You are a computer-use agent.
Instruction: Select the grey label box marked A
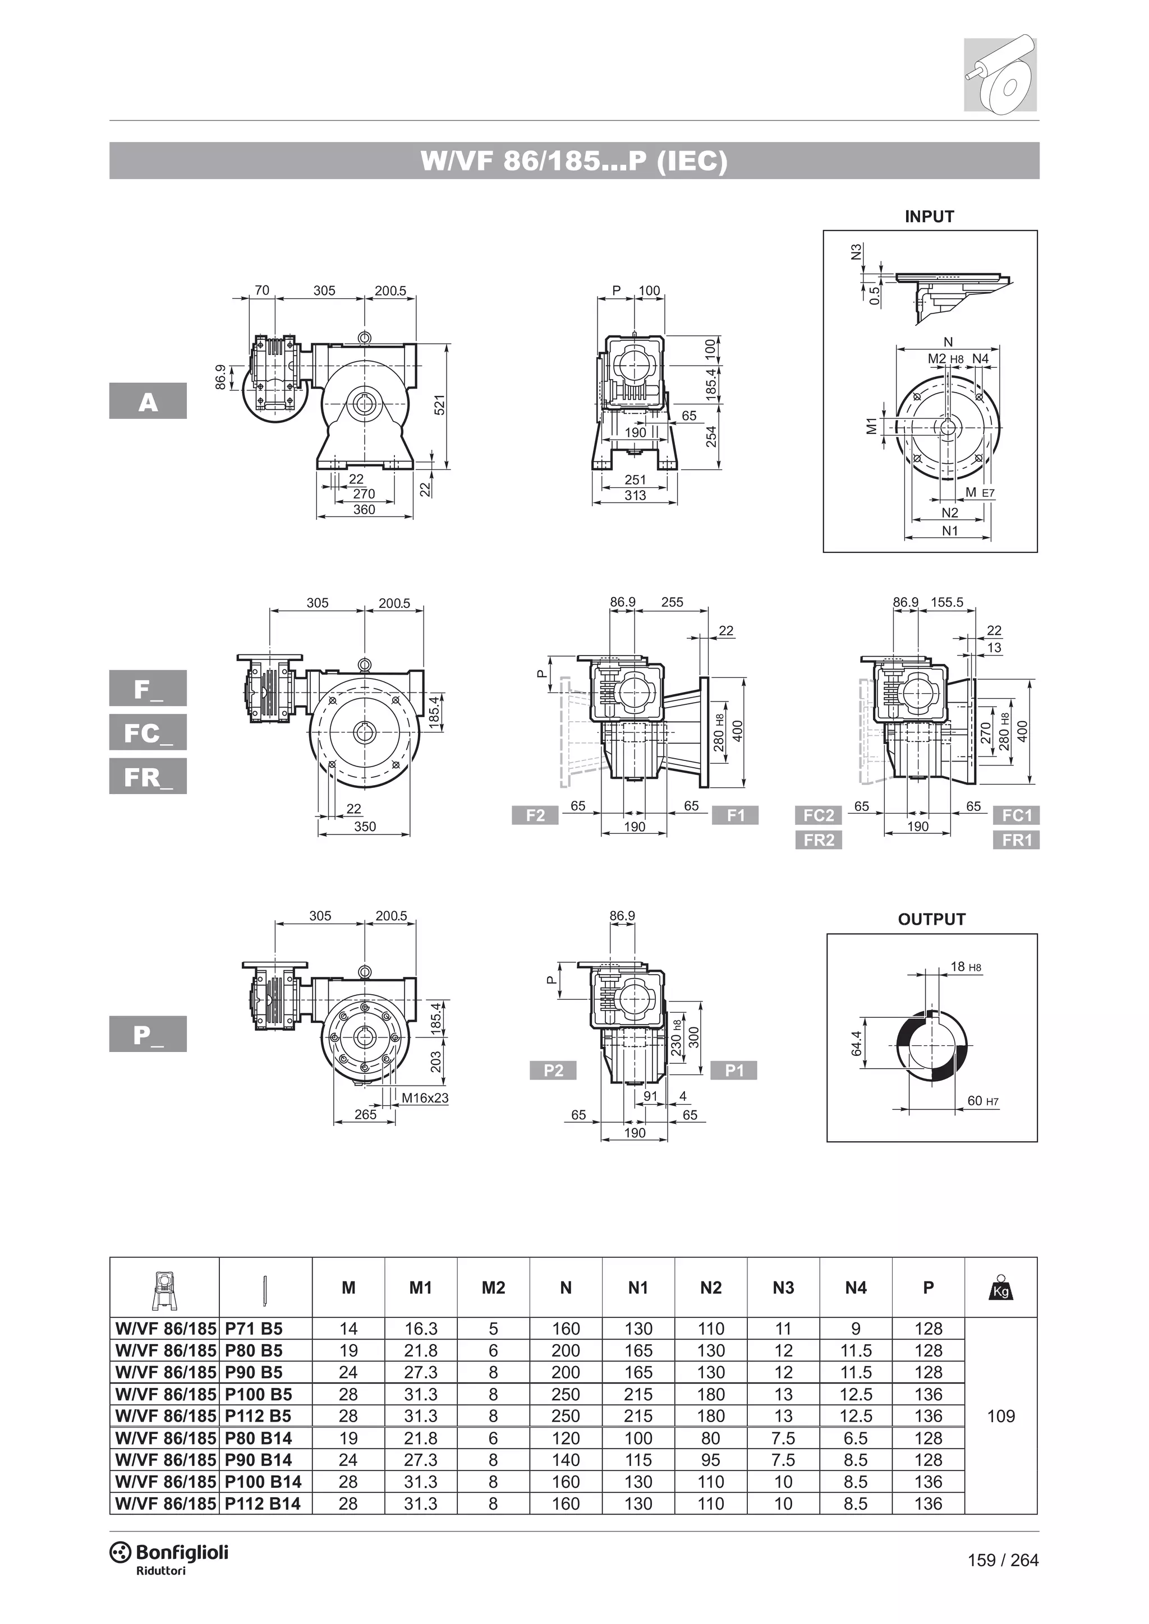point(148,401)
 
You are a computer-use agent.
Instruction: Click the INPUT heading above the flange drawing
point(929,217)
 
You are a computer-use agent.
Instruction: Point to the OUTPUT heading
point(931,920)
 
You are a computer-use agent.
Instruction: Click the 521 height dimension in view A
point(439,405)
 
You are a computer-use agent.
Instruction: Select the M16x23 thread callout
point(425,1098)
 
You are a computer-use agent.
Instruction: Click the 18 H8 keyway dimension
point(965,967)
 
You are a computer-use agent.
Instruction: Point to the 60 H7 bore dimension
point(982,1101)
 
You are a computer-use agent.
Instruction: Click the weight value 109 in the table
point(1000,1416)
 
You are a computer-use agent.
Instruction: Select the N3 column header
point(783,1288)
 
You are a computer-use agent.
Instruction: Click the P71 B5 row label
point(253,1329)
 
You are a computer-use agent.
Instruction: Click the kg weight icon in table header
point(1000,1288)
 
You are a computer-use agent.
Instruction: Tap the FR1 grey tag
point(1016,840)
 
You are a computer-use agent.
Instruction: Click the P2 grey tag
point(553,1070)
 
